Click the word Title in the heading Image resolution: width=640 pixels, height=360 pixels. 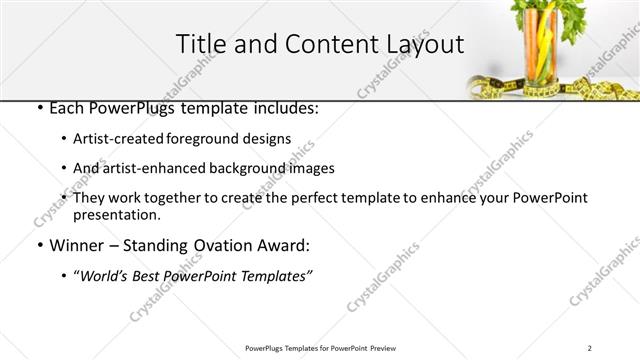pos(201,44)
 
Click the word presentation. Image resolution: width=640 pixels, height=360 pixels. pos(117,215)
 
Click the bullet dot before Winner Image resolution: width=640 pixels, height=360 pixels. pos(38,246)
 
